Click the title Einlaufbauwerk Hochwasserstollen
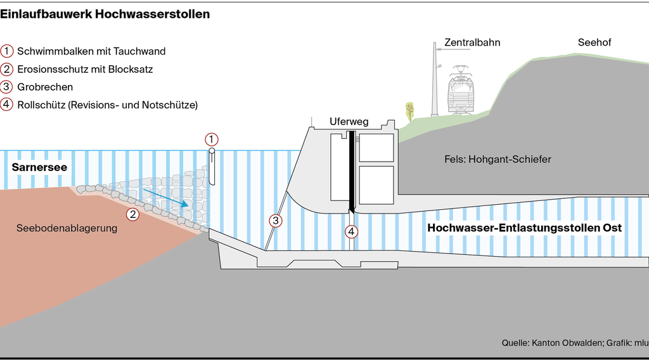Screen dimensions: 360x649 click(105, 14)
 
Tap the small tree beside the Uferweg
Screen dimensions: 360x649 click(409, 110)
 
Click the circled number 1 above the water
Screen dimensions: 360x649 click(212, 139)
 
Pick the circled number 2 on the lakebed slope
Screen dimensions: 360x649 click(132, 214)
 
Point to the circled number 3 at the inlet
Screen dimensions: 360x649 click(276, 221)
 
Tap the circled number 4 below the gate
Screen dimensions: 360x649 click(351, 231)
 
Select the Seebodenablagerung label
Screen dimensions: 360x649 click(67, 228)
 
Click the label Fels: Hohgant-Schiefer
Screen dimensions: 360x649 click(498, 159)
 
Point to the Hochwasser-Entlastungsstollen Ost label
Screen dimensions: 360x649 click(524, 228)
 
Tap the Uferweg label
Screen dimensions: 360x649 click(349, 122)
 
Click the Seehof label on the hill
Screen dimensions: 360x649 click(594, 42)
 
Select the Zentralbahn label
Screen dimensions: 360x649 click(472, 42)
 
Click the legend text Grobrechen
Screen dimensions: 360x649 click(45, 87)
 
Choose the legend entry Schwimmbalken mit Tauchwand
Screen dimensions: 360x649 click(91, 51)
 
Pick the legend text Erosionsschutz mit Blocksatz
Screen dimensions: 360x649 click(86, 69)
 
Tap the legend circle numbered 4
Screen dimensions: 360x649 click(7, 105)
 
